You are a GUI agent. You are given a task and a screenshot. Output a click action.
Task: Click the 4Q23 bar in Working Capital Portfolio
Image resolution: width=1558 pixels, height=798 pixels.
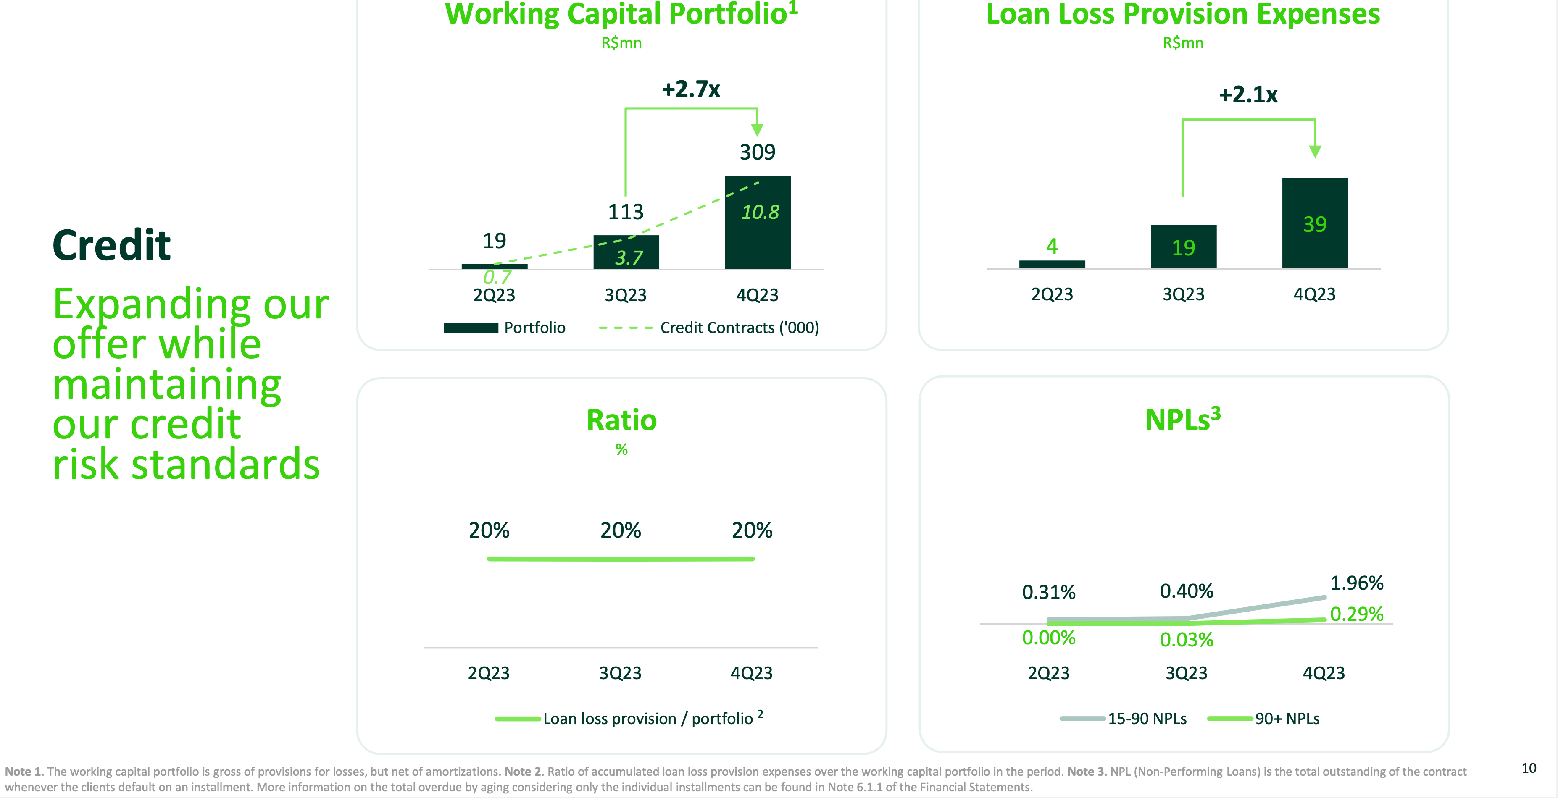click(758, 242)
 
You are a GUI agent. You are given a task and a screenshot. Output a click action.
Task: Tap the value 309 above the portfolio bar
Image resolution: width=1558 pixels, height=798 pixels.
click(757, 152)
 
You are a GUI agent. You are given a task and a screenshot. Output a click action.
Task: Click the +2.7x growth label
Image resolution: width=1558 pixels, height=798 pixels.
click(691, 89)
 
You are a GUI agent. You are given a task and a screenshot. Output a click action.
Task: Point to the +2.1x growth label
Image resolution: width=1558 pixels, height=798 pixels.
click(1248, 95)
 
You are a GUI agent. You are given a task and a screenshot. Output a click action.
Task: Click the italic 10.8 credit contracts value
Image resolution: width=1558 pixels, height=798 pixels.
click(760, 212)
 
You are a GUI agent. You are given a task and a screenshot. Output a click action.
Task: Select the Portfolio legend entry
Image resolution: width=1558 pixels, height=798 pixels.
click(504, 328)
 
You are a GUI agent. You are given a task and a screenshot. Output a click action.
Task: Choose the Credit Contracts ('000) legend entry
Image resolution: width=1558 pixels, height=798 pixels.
click(709, 328)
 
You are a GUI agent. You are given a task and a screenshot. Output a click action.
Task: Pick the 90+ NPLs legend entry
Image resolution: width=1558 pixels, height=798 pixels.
click(1264, 719)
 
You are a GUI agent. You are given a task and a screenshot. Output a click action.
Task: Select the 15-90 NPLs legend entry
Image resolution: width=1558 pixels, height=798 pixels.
click(1123, 719)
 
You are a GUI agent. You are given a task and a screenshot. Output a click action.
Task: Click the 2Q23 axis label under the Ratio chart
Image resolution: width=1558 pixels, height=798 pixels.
click(489, 673)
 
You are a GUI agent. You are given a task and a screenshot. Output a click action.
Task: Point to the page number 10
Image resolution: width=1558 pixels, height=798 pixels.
click(1528, 768)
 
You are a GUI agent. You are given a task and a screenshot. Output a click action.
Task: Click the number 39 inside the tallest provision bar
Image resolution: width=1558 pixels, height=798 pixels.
click(1314, 224)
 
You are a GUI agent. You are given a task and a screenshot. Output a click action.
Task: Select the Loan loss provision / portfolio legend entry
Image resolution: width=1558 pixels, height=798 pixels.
click(629, 719)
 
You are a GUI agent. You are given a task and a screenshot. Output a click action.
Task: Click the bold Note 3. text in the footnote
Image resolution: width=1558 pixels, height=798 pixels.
click(1087, 772)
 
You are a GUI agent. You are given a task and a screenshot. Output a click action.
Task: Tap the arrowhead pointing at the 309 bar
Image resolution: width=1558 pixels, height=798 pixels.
click(757, 129)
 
